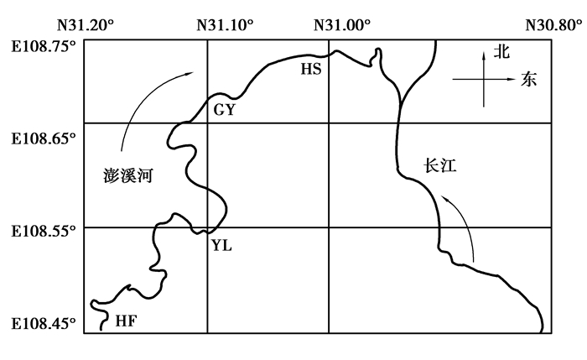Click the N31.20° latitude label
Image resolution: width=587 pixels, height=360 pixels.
tap(86, 25)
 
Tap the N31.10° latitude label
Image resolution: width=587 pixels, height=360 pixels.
tap(225, 25)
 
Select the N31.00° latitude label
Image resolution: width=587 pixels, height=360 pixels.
tap(342, 25)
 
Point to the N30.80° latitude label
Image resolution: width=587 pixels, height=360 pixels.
tap(554, 25)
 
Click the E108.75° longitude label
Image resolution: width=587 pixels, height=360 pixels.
tap(44, 47)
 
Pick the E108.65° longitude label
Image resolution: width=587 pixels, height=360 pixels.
tap(44, 139)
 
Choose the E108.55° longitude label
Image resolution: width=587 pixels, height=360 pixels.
tap(44, 231)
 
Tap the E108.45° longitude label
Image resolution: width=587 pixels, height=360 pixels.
tap(44, 323)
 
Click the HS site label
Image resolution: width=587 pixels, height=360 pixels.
tap(311, 70)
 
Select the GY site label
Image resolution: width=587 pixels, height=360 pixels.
tap(224, 110)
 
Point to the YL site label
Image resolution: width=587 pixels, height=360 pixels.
tap(221, 246)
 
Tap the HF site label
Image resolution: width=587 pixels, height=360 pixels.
tap(126, 321)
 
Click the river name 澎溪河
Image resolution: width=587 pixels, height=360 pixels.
tap(128, 175)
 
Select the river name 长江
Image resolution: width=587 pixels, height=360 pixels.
tap(440, 165)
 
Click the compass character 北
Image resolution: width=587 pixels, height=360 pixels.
tap(501, 51)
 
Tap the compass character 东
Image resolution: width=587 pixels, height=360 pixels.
tap(528, 80)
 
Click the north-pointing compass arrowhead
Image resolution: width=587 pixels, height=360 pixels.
tap(484, 55)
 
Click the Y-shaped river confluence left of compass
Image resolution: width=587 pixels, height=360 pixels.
tap(401, 101)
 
